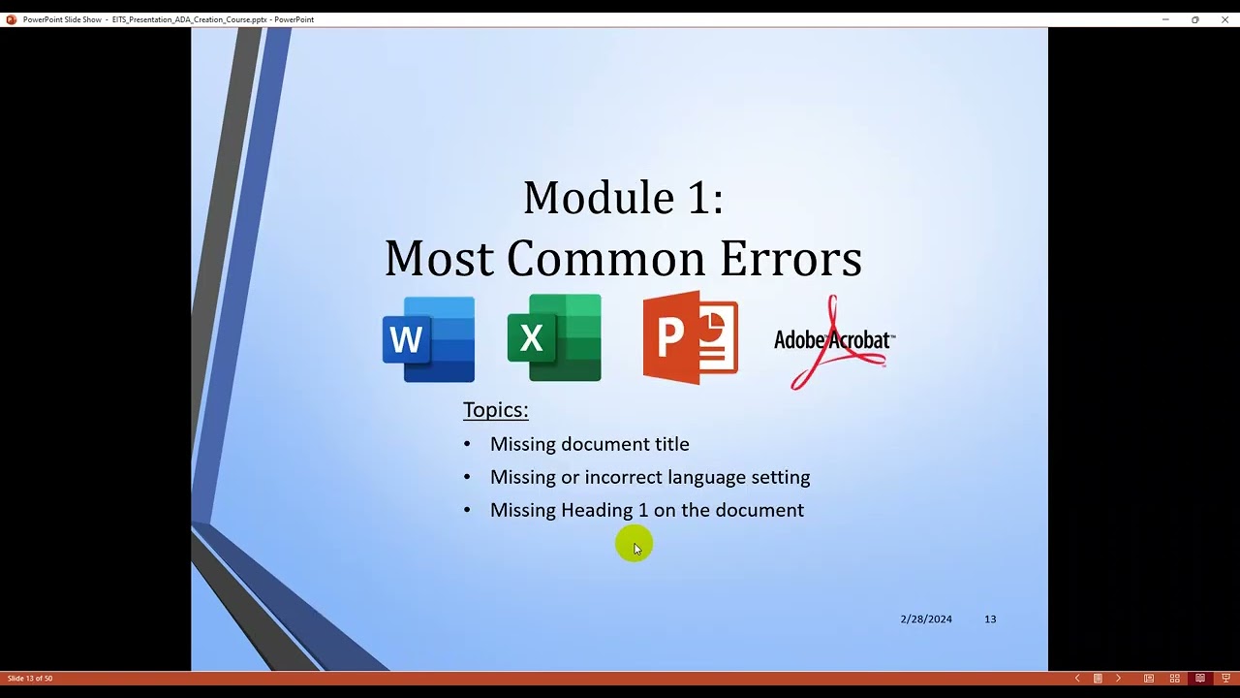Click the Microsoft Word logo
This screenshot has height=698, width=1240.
[x=428, y=339]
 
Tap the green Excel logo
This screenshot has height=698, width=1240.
[x=554, y=337]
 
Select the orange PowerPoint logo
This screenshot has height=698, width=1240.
[x=690, y=337]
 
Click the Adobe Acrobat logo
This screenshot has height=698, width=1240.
[x=834, y=341]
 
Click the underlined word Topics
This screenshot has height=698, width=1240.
[x=495, y=409]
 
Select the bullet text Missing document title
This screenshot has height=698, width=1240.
[x=589, y=444]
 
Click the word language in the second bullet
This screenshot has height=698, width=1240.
[x=706, y=477]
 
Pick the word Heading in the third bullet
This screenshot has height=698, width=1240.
[x=596, y=510]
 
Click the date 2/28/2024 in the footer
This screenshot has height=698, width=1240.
[x=926, y=619]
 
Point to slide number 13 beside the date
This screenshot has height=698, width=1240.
[x=990, y=619]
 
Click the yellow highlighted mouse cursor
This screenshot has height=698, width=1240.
[x=635, y=546]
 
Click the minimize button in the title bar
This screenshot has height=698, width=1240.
[x=1165, y=19]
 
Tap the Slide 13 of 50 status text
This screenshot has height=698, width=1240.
[x=30, y=678]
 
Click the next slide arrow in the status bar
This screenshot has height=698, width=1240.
[x=1118, y=678]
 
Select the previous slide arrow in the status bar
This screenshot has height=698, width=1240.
[x=1077, y=678]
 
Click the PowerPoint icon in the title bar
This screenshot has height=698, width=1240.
[x=12, y=19]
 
